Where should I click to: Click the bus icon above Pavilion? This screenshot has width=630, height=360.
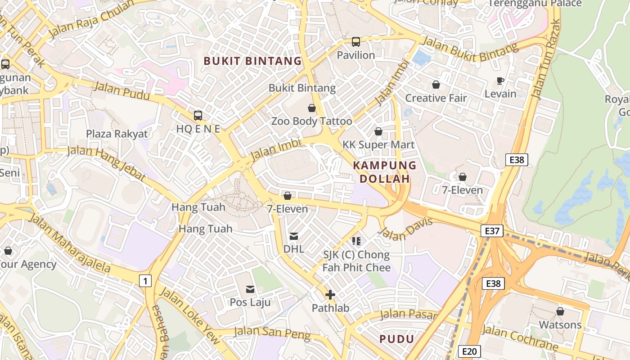[x=356, y=42]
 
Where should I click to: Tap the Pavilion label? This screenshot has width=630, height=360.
[x=356, y=55]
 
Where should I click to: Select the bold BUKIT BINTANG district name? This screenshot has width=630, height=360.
[x=252, y=61]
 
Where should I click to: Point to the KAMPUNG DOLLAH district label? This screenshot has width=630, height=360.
[x=385, y=172]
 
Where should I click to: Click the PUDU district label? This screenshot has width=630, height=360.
[x=396, y=339]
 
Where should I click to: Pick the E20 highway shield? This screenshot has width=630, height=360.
[x=469, y=351]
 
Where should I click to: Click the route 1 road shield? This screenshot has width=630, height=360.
[x=145, y=281]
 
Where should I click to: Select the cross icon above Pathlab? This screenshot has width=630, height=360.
[x=330, y=295]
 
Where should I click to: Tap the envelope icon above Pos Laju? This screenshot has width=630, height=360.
[x=250, y=289]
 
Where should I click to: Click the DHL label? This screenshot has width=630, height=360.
[x=294, y=249]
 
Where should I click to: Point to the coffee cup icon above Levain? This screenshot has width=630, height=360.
[x=500, y=81]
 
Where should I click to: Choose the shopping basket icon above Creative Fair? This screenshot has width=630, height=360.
[x=436, y=85]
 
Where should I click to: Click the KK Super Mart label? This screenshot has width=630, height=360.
[x=378, y=145]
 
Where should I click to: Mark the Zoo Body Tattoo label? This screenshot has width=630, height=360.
[x=311, y=121]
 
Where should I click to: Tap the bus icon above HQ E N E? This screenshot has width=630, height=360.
[x=198, y=116]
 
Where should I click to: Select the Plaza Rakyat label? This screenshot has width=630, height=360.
[x=117, y=134]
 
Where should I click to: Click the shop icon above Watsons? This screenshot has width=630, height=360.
[x=560, y=311]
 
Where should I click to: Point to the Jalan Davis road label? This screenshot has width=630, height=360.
[x=405, y=228]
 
